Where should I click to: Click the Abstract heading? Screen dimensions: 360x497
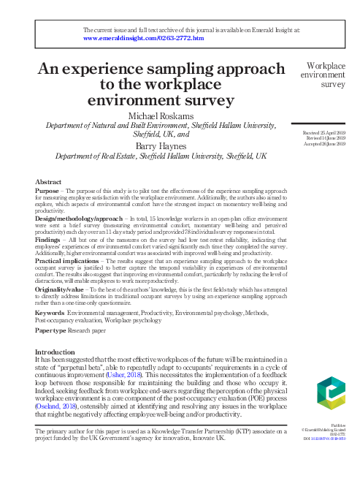[48, 181]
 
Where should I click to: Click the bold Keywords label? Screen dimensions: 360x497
[50, 313]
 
